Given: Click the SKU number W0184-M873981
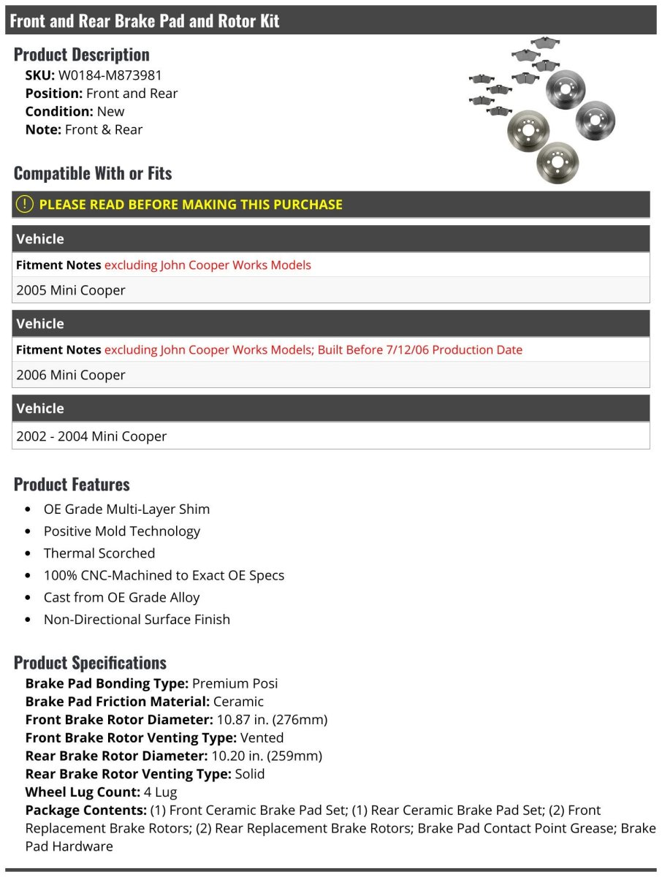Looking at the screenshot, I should [x=110, y=75].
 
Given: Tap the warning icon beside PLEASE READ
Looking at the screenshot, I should [x=25, y=205].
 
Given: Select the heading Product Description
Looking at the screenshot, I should [x=81, y=55].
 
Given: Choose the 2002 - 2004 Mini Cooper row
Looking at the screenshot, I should [x=91, y=436].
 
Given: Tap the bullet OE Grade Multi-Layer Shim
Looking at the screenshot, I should [x=126, y=509].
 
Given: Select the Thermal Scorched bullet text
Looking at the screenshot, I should [x=99, y=553].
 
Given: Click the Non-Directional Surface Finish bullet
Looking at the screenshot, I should [x=137, y=619].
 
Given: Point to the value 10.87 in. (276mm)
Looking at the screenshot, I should [x=272, y=720].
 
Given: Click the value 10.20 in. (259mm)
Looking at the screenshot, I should [x=267, y=756].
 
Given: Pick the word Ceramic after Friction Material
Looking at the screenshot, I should [x=238, y=702].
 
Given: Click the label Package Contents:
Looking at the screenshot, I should [x=85, y=810].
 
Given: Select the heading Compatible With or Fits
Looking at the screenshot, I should [x=93, y=174].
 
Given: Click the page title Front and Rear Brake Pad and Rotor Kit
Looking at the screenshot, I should [x=145, y=21].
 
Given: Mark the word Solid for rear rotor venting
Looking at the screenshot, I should [x=249, y=774].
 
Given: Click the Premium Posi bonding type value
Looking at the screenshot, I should [x=235, y=683].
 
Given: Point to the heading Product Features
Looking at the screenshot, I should [x=72, y=485].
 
